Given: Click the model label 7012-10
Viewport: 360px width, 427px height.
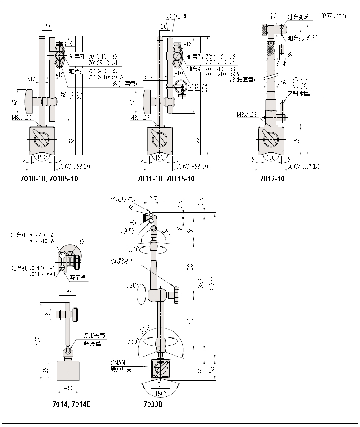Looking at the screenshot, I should point(272,179).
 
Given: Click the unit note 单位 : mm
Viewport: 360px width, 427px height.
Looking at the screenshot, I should point(333,15).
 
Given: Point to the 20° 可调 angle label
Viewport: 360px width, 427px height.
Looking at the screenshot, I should point(177,16).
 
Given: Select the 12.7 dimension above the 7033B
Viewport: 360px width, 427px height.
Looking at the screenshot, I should point(151,199).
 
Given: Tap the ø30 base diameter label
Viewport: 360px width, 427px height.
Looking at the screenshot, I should point(68,388).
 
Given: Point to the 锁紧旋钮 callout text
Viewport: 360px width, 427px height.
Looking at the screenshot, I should point(122,261).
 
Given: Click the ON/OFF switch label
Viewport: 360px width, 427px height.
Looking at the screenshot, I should point(120,363).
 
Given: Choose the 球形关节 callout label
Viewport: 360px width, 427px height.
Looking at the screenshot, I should point(94,336).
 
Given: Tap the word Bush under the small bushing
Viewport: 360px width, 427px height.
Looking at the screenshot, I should point(282,63).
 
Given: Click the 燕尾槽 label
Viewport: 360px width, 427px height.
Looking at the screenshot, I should point(78,278).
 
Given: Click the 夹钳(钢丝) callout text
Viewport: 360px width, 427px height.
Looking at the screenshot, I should point(300,93).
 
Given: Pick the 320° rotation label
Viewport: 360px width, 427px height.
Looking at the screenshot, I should point(132,285).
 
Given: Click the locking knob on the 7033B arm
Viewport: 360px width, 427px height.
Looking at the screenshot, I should point(176,294).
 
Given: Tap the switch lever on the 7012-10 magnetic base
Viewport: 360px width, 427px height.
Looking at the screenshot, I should point(268,137).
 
